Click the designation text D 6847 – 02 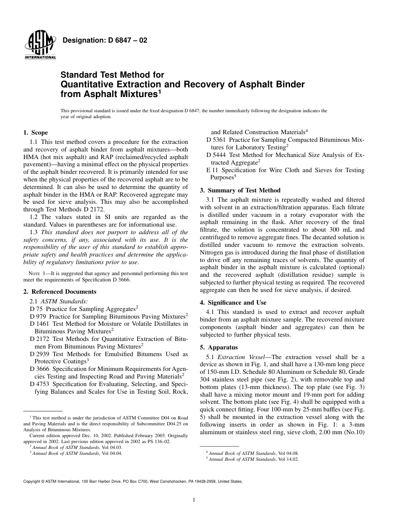pos(105,41)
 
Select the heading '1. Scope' pos(35,132)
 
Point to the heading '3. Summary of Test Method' pos(240,190)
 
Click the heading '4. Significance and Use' pos(233,303)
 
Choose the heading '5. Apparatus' pos(219,347)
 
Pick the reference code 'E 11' pos(212,170)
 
